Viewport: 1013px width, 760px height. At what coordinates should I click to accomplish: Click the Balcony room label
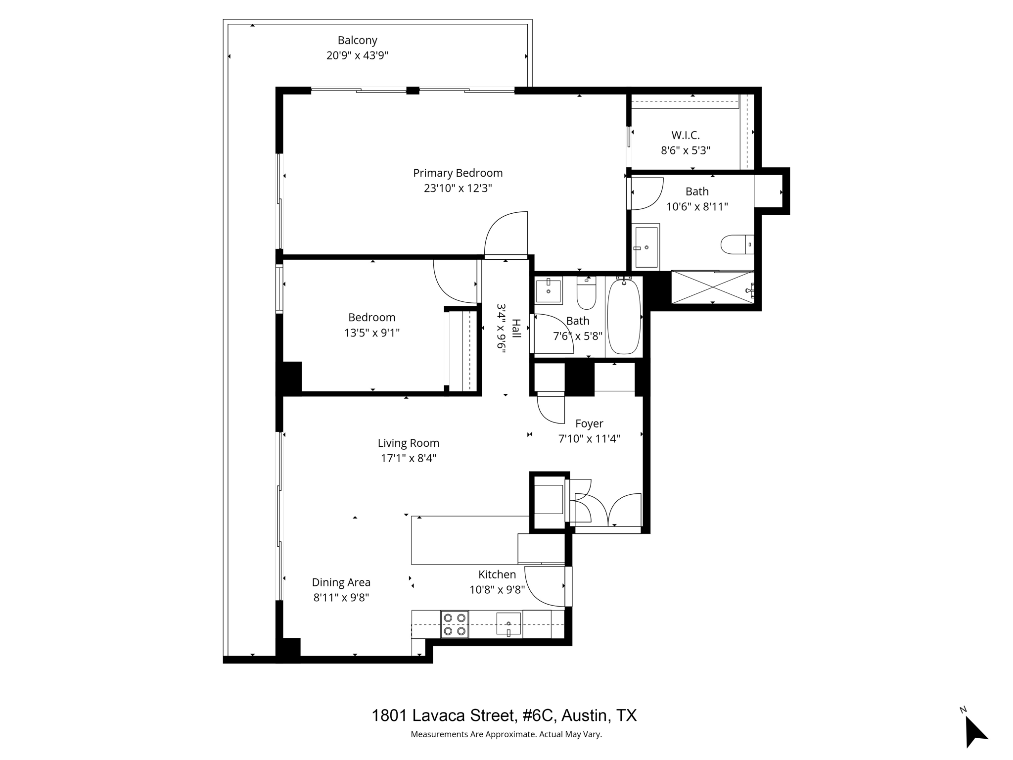click(357, 40)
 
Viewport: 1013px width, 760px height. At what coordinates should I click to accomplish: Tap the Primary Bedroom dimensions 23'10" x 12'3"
click(458, 189)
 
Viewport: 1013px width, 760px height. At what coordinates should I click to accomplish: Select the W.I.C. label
click(685, 135)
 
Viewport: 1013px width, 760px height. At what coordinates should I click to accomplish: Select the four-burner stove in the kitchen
click(455, 624)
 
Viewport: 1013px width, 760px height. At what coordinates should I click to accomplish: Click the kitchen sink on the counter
click(508, 624)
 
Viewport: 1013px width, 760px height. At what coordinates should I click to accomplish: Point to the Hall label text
click(516, 328)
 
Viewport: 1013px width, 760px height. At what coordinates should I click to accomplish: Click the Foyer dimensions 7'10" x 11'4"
click(589, 439)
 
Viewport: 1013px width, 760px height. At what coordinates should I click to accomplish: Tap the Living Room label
click(408, 443)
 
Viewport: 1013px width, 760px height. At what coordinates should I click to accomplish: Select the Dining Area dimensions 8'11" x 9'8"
click(341, 598)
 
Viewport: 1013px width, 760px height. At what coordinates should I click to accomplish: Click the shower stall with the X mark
click(712, 287)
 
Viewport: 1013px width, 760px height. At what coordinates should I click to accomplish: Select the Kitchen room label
click(497, 574)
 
